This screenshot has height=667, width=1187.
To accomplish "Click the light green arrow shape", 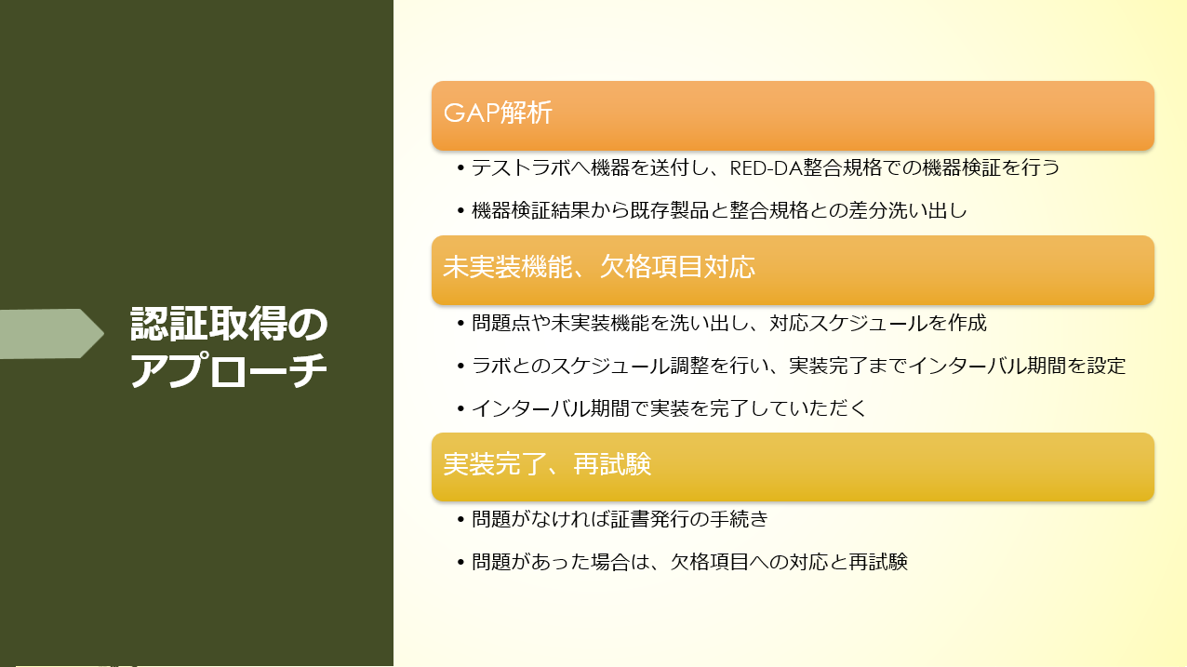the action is (50, 334).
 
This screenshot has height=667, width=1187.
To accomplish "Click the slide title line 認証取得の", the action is (229, 323).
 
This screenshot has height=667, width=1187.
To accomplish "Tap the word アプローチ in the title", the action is (229, 370).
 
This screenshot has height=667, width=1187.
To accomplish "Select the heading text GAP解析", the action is (498, 113).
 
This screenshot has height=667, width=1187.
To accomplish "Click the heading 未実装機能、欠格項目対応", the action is (599, 266).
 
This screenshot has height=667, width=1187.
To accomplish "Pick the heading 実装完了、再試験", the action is (547, 464).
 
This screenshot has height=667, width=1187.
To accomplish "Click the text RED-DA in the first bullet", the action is (766, 168).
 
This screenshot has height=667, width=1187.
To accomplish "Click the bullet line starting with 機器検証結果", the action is (719, 210).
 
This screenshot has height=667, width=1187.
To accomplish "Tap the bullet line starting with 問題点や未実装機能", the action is (729, 323).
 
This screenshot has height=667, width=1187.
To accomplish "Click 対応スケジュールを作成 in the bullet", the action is (878, 323).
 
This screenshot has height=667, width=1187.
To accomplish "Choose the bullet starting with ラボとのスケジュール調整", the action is (798, 366).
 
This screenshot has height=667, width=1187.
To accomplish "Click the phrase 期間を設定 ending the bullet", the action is (1076, 366).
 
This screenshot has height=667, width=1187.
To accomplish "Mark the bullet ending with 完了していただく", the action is (669, 408).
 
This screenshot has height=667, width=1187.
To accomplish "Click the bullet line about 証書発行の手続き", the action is (620, 519).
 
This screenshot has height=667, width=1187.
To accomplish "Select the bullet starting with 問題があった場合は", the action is (689, 562).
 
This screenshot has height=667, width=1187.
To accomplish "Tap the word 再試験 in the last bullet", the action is (878, 562).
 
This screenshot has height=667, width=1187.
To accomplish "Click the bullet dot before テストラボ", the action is (460, 168).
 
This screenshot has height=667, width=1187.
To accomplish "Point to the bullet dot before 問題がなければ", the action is (460, 519).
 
